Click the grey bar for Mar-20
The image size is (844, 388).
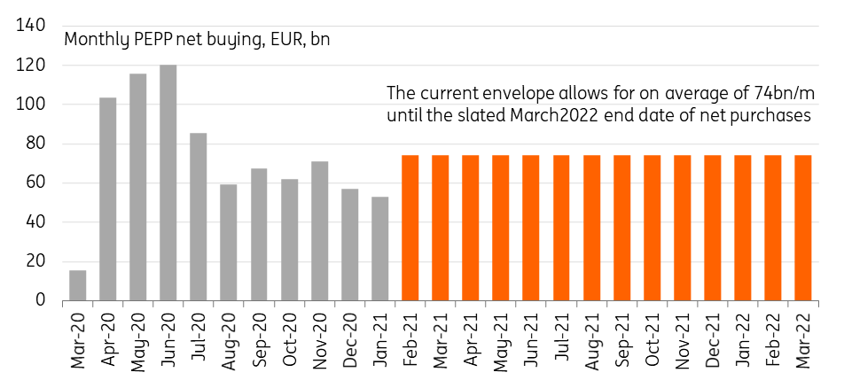point(78,285)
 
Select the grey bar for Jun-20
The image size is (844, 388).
point(168,182)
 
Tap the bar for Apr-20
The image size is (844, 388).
point(108,198)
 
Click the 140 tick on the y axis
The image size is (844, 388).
point(31,27)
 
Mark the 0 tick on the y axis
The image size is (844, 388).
point(40,300)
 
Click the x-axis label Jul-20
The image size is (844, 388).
point(199,337)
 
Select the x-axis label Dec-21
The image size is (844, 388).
point(712,337)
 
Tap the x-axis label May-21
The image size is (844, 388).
point(500,337)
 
